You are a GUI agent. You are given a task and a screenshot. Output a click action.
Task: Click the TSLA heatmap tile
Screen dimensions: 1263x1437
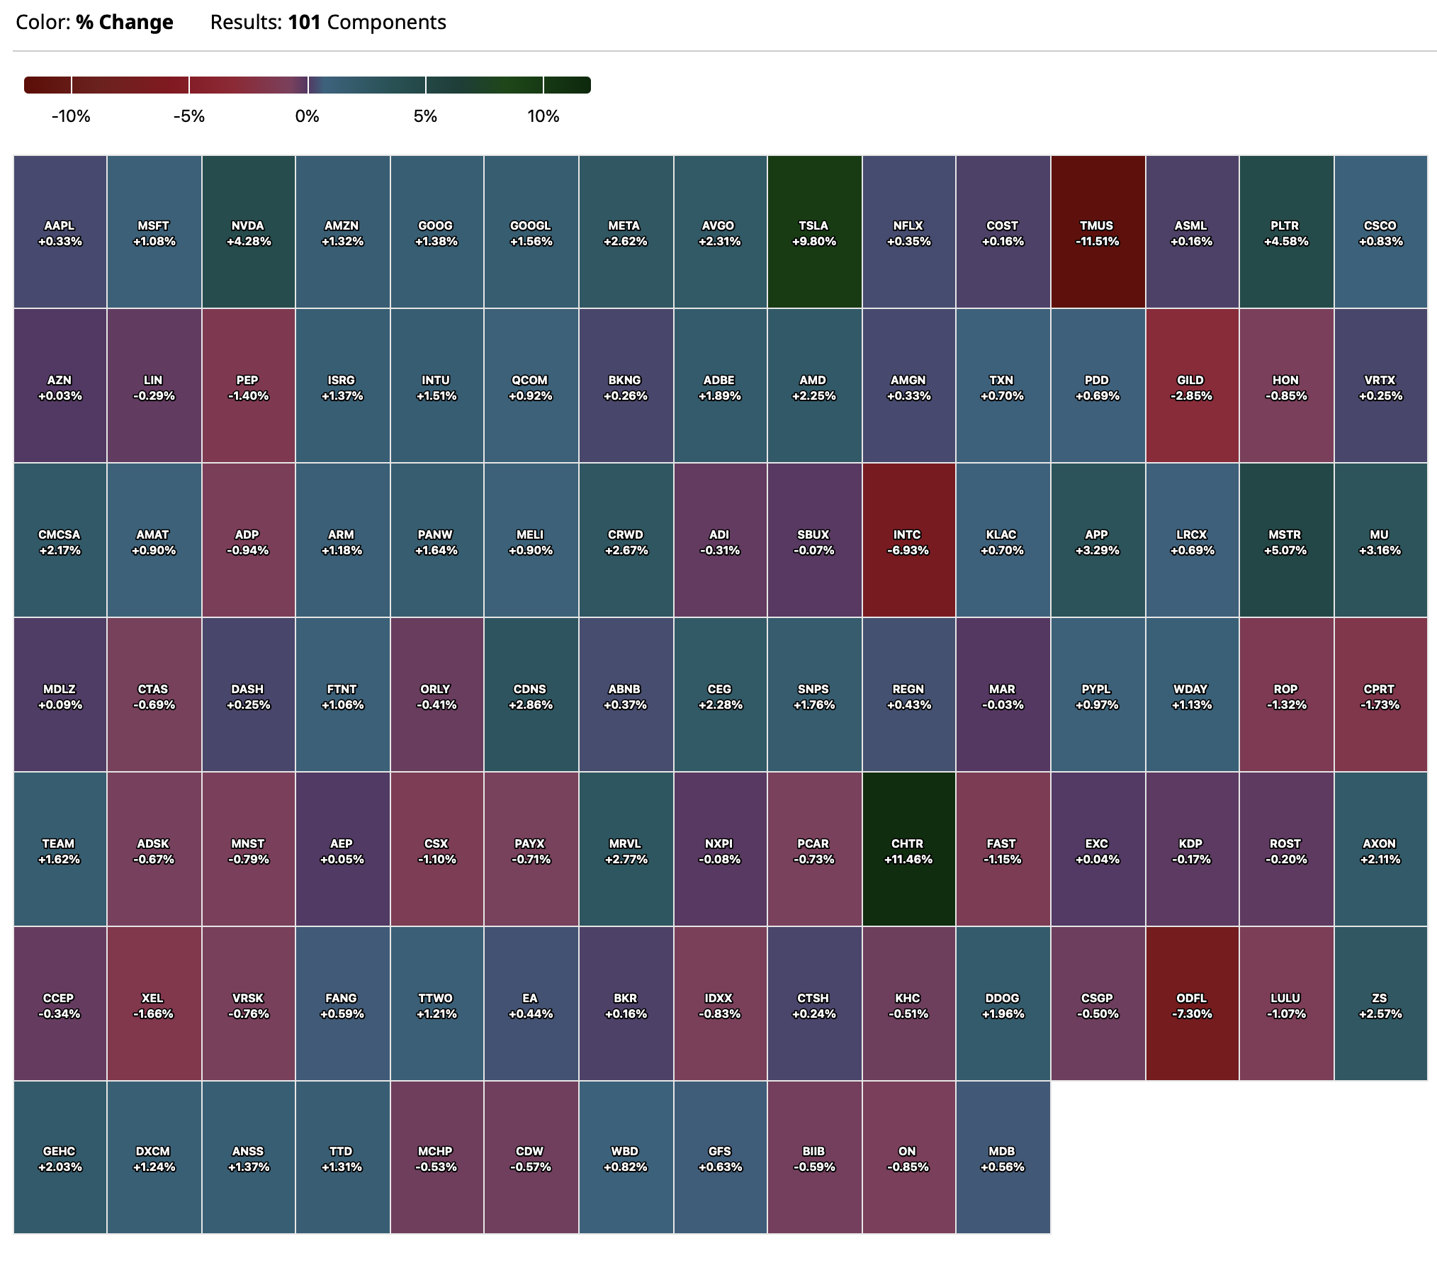point(814,232)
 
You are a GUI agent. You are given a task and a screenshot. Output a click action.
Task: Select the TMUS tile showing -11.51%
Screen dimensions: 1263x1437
point(1097,232)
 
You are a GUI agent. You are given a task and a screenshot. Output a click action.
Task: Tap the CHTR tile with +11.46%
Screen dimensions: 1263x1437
point(908,851)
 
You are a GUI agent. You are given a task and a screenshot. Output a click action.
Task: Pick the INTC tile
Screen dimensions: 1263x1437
point(908,541)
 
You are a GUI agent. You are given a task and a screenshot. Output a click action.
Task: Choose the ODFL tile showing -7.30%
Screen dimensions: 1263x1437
point(1192,1005)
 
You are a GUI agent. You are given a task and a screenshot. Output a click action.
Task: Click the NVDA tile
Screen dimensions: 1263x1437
point(248,232)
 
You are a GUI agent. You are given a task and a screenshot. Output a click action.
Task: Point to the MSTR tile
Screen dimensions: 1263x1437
point(1286,541)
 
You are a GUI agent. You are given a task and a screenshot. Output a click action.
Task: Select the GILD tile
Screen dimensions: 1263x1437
point(1192,387)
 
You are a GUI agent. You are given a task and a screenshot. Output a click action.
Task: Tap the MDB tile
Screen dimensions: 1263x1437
point(1003,1158)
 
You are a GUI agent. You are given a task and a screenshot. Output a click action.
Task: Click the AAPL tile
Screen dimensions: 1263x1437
point(60,232)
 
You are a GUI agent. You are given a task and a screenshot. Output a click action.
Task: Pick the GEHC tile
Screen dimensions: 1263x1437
point(60,1158)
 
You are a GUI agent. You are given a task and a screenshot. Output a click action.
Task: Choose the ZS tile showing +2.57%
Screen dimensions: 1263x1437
point(1380,1005)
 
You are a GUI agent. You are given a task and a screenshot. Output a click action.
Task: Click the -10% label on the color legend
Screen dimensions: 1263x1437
point(71,116)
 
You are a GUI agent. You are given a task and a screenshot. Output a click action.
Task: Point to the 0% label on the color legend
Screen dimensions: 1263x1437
point(307,116)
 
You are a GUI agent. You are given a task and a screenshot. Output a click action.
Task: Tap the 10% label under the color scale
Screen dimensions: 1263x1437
point(543,116)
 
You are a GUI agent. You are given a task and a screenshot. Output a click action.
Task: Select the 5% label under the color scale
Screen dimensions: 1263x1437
point(425,116)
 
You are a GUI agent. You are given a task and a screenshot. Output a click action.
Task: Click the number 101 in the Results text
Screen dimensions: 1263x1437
point(304,23)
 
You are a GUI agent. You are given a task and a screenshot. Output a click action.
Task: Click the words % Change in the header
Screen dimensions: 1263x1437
point(125,23)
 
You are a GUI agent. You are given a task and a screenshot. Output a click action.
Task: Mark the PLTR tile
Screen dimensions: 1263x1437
point(1286,232)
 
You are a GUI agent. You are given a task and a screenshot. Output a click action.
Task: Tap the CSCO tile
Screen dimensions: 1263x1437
point(1380,232)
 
